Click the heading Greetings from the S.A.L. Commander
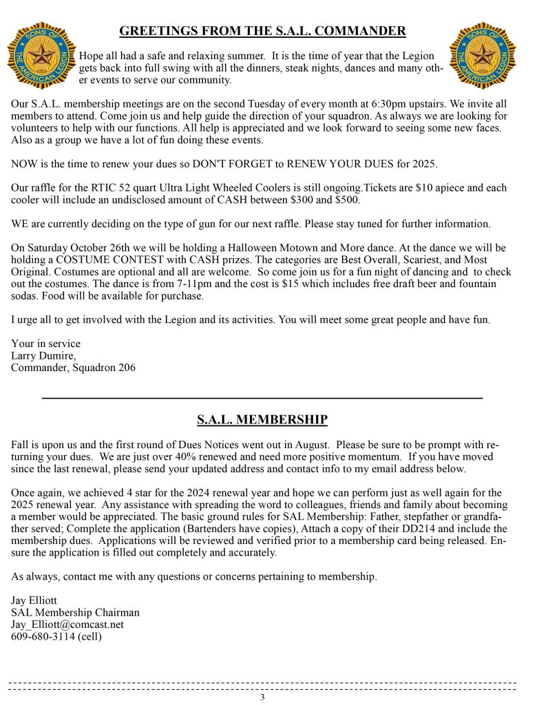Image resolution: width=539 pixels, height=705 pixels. click(x=262, y=31)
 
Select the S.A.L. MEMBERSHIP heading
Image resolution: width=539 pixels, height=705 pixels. click(x=262, y=419)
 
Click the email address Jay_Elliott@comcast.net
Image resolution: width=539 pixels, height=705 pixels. click(x=67, y=624)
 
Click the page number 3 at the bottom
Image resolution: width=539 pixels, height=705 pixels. click(x=262, y=697)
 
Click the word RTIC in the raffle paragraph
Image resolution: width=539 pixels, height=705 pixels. click(x=111, y=188)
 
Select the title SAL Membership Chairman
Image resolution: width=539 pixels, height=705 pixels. click(x=75, y=612)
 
